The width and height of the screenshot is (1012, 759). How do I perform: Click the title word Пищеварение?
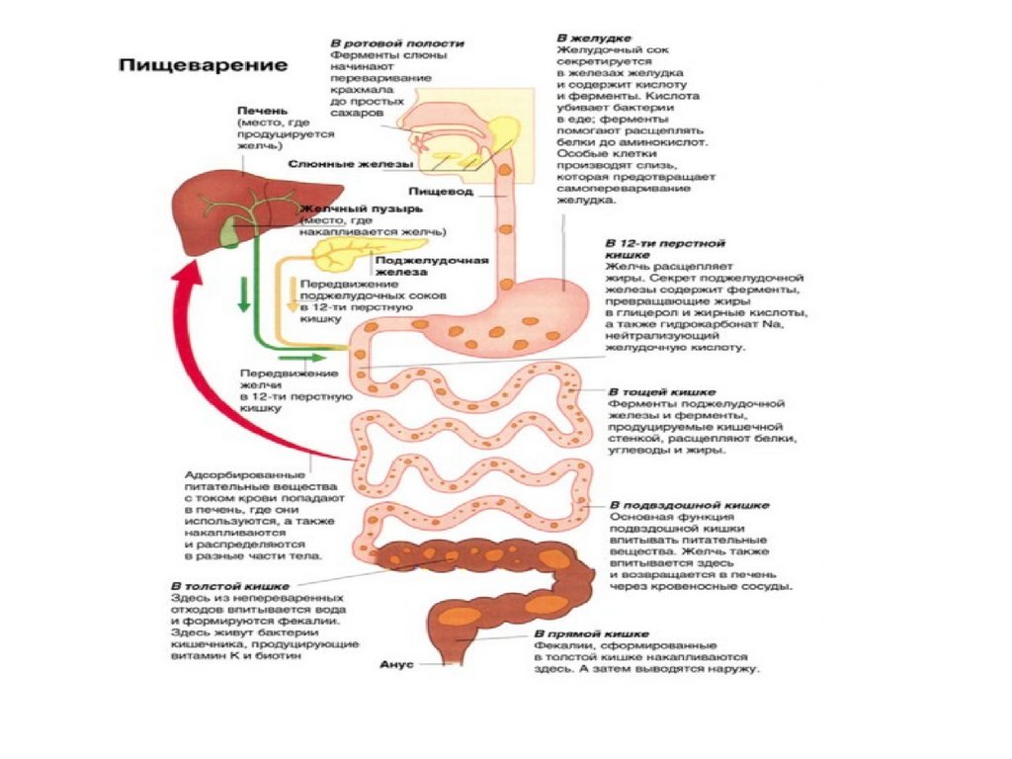[204, 66]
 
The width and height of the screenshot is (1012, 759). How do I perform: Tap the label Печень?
[261, 111]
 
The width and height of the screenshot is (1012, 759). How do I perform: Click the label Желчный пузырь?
[361, 210]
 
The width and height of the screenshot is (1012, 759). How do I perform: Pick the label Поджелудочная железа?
[433, 266]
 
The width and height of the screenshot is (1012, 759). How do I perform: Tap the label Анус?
[396, 665]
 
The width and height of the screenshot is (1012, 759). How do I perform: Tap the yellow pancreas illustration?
[342, 254]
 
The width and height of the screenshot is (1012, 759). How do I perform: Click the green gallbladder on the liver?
[230, 233]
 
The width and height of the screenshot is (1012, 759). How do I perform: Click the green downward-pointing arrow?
[241, 295]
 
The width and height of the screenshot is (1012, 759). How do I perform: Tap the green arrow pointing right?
[310, 357]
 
